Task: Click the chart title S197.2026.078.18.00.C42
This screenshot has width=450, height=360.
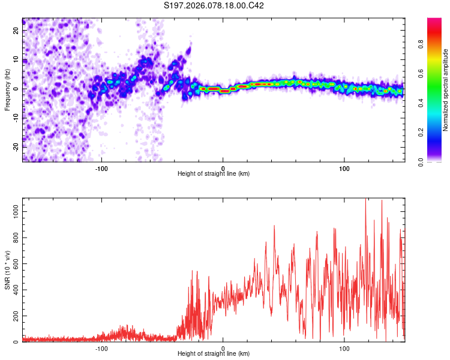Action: (x=214, y=5)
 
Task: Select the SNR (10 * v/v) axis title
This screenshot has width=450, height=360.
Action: (x=8, y=270)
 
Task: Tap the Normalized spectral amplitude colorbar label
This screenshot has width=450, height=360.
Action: (x=446, y=90)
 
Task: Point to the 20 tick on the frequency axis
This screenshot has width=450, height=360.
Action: (x=17, y=32)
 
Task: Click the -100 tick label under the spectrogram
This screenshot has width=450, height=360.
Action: (x=101, y=167)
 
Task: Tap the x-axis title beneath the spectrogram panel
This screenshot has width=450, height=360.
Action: (x=214, y=173)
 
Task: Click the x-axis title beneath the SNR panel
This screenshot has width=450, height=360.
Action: (x=214, y=354)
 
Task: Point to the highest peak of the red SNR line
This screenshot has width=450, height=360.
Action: (x=365, y=200)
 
